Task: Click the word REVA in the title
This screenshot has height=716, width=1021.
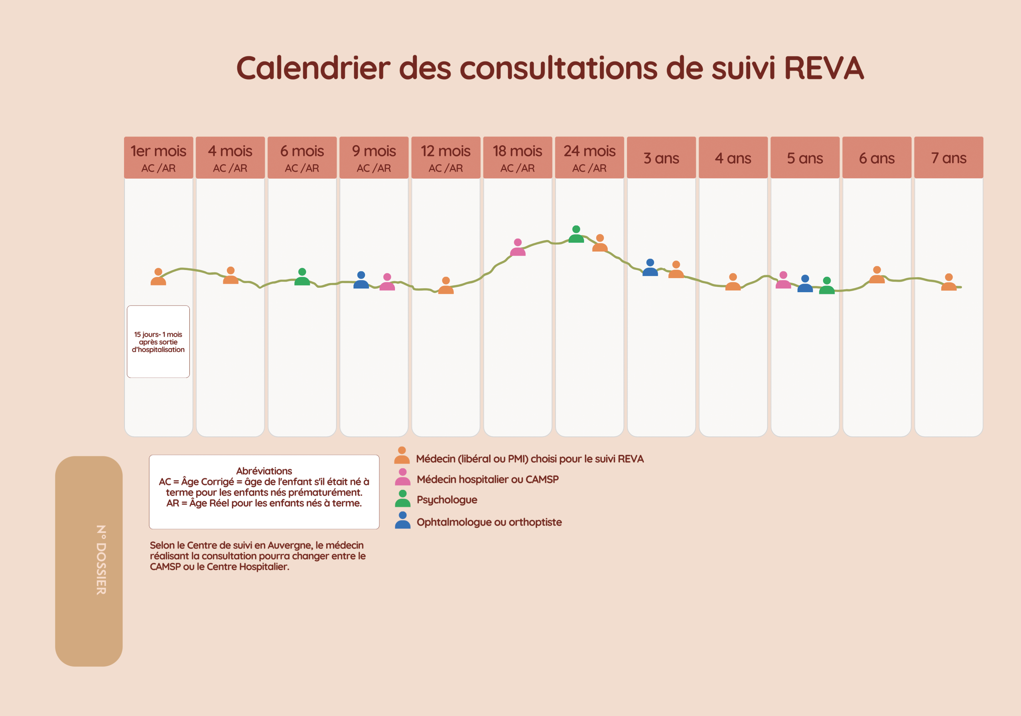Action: tap(824, 69)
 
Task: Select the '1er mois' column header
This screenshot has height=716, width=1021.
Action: tap(158, 158)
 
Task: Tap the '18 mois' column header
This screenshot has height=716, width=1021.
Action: tap(517, 158)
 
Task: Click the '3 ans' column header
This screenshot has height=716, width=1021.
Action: tap(661, 158)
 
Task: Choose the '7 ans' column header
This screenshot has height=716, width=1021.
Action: tap(948, 158)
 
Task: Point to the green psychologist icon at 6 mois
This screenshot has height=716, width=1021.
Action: tap(302, 278)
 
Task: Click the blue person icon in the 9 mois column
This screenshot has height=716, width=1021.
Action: tap(361, 281)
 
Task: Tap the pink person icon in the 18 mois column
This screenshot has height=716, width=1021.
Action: tap(518, 248)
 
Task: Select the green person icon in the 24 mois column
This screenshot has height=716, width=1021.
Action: tap(576, 235)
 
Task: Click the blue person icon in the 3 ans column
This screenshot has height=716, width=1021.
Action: tap(650, 268)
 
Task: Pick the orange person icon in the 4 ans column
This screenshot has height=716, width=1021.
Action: tap(733, 282)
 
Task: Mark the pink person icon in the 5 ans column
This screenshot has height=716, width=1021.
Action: tap(783, 281)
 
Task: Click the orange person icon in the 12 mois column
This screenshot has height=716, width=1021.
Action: tap(445, 286)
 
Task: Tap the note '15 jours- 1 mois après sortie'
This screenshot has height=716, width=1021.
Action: tap(158, 341)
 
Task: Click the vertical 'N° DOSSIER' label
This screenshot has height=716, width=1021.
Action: tap(101, 560)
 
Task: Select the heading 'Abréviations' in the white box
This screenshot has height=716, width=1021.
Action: tap(264, 471)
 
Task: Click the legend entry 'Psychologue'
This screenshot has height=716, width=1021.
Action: tap(446, 500)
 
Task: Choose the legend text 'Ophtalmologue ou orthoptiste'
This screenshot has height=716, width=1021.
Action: tap(489, 522)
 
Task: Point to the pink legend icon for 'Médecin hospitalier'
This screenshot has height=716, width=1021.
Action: tap(402, 477)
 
